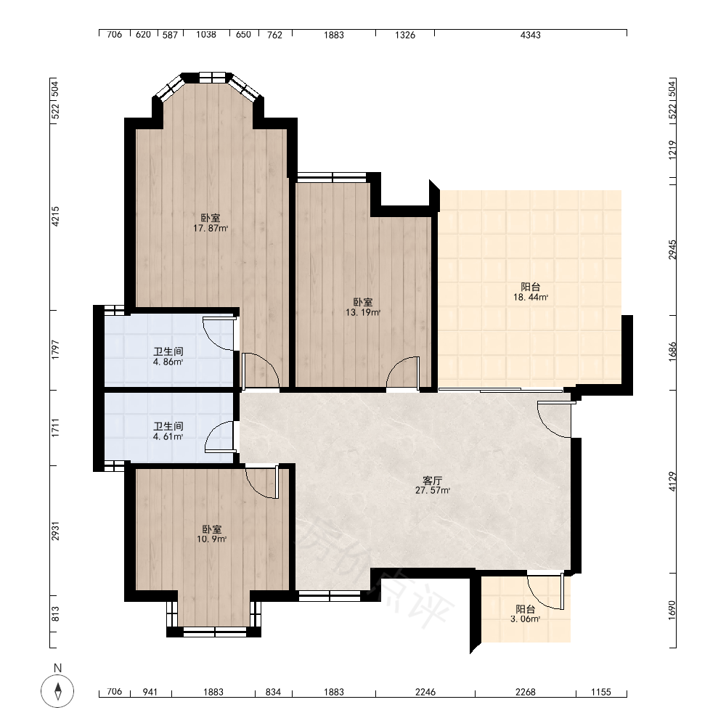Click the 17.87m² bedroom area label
[x=211, y=223]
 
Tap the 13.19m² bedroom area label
[x=363, y=307]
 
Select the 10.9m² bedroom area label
[x=211, y=534]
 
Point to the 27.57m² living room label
[x=433, y=485]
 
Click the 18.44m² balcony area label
[x=531, y=292]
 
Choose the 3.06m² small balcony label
[x=526, y=614]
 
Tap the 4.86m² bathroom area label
[x=168, y=356]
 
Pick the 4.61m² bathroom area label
[x=168, y=431]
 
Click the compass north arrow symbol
[x=57, y=691]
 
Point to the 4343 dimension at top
[x=531, y=35]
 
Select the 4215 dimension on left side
[x=55, y=216]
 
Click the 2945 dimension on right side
[x=672, y=249]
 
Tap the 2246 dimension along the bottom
[x=425, y=692]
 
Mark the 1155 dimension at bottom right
[x=601, y=692]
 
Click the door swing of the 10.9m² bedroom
[x=261, y=483]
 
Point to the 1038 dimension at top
[x=206, y=35]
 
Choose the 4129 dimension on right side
[x=672, y=481]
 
